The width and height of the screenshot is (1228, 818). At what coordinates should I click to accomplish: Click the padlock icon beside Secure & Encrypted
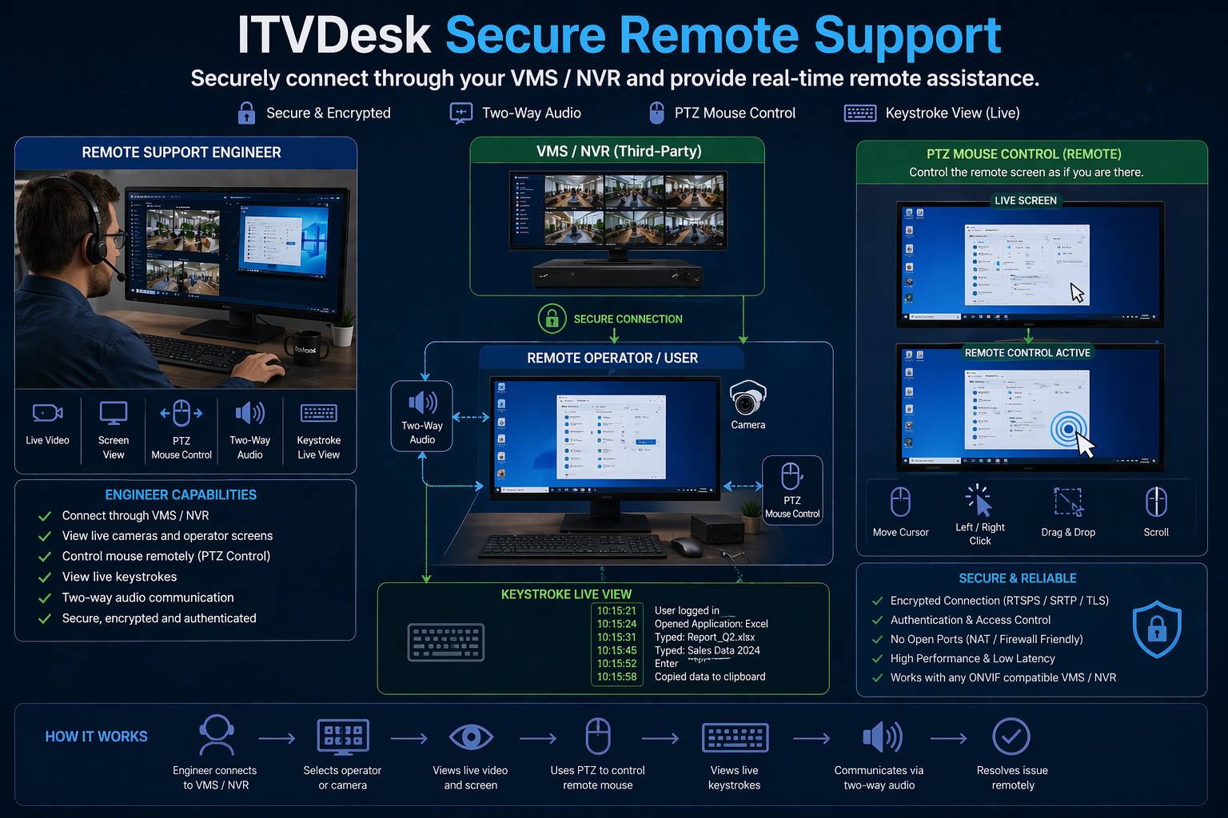pos(246,113)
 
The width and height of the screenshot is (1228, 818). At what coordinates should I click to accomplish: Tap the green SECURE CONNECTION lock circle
pos(552,319)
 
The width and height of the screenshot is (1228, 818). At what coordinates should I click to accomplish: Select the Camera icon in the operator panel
pos(748,398)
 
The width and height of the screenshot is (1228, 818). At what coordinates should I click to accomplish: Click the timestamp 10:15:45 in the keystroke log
pos(616,650)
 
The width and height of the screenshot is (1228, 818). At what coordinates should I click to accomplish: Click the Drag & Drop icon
pos(1068,502)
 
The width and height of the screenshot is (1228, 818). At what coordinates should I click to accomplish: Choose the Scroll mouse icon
pos(1156,502)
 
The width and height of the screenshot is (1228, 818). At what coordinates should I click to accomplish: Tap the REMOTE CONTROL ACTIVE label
pos(1027,352)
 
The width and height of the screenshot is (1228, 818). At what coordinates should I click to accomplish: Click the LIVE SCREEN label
pos(1025,201)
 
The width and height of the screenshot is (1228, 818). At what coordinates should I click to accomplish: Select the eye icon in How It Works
pos(471,737)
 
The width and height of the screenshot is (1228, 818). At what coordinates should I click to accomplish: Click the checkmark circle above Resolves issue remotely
pos(1011,737)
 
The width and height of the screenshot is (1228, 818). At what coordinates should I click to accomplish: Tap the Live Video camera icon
pos(47,412)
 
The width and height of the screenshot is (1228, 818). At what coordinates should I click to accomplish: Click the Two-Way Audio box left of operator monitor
pos(422,415)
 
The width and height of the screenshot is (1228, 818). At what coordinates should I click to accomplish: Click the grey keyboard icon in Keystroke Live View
pos(446,642)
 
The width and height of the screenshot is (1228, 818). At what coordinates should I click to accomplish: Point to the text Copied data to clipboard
pos(710,677)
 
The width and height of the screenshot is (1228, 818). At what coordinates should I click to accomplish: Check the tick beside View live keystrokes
pos(45,577)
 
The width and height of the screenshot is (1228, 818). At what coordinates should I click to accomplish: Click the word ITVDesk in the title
pos(334,35)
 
